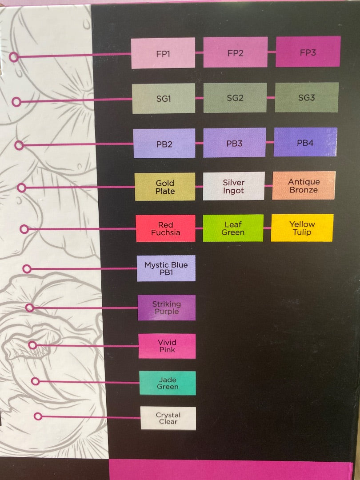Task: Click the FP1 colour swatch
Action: point(163,53)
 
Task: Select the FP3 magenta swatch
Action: point(308,52)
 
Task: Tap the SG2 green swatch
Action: point(235,98)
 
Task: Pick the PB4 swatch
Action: point(305,142)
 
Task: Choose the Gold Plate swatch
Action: point(165,187)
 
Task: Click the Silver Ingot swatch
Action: point(234,186)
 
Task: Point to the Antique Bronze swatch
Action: point(304,185)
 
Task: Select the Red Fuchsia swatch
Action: point(166,228)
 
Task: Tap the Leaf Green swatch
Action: point(233,228)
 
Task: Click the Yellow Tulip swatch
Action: point(302,228)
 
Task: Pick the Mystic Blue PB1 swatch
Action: point(166,268)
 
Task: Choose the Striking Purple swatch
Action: point(167,308)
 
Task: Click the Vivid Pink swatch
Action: point(167,346)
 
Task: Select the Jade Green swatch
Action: point(168,383)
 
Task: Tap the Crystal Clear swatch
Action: point(168,418)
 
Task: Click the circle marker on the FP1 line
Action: point(14,57)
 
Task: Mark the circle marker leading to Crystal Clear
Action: point(38,416)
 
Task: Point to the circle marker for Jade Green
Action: point(36,381)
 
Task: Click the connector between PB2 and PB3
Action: point(199,143)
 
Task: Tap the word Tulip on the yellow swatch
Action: point(302,232)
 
